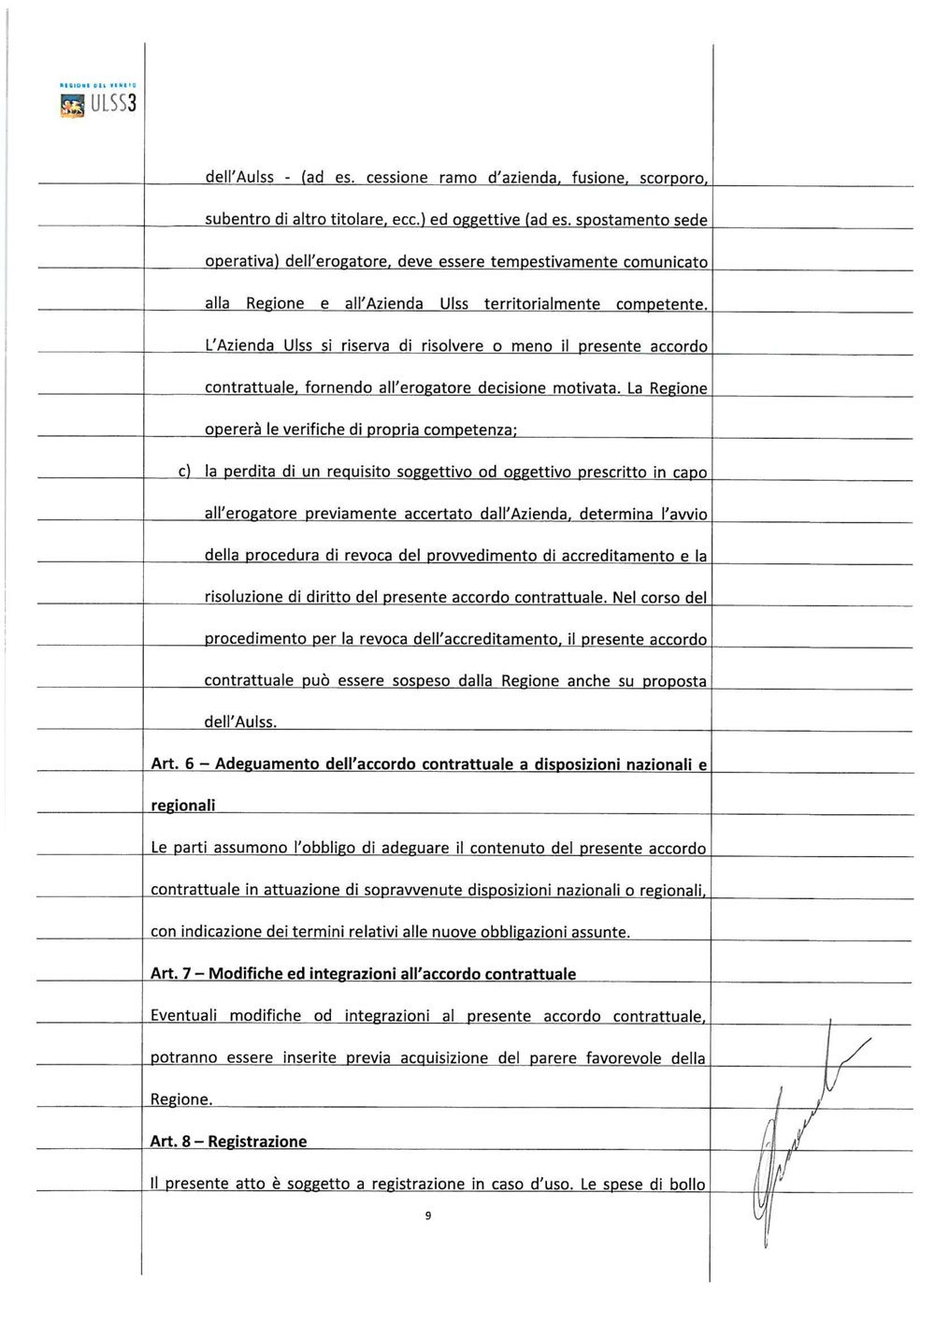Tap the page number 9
point(427,1215)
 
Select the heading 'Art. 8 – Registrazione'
point(228,1142)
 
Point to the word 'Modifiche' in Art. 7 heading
point(245,974)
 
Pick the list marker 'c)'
point(184,472)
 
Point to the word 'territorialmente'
point(542,304)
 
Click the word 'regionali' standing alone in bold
point(182,806)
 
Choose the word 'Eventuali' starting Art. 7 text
point(183,1015)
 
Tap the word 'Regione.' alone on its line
point(181,1099)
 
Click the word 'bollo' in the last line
point(687,1184)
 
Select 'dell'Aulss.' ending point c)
point(240,722)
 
